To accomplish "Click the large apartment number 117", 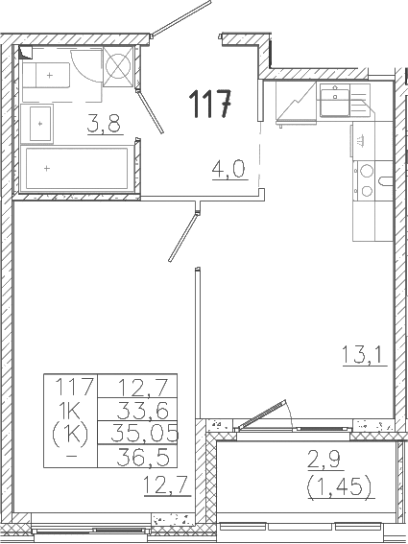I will click(x=211, y=102).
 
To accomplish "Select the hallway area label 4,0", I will click(x=229, y=172).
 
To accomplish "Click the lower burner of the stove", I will click(x=367, y=191).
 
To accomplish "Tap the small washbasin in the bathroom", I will click(x=41, y=122).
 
